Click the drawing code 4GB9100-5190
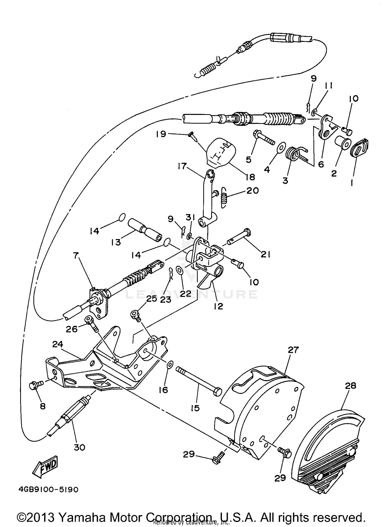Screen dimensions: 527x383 pyautogui.click(x=48, y=490)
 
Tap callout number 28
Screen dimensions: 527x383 pyautogui.click(x=350, y=385)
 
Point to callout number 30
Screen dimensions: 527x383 pyautogui.click(x=79, y=447)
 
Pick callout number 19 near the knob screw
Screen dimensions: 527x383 pyautogui.click(x=161, y=134)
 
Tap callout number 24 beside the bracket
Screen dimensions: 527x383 pyautogui.click(x=57, y=344)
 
